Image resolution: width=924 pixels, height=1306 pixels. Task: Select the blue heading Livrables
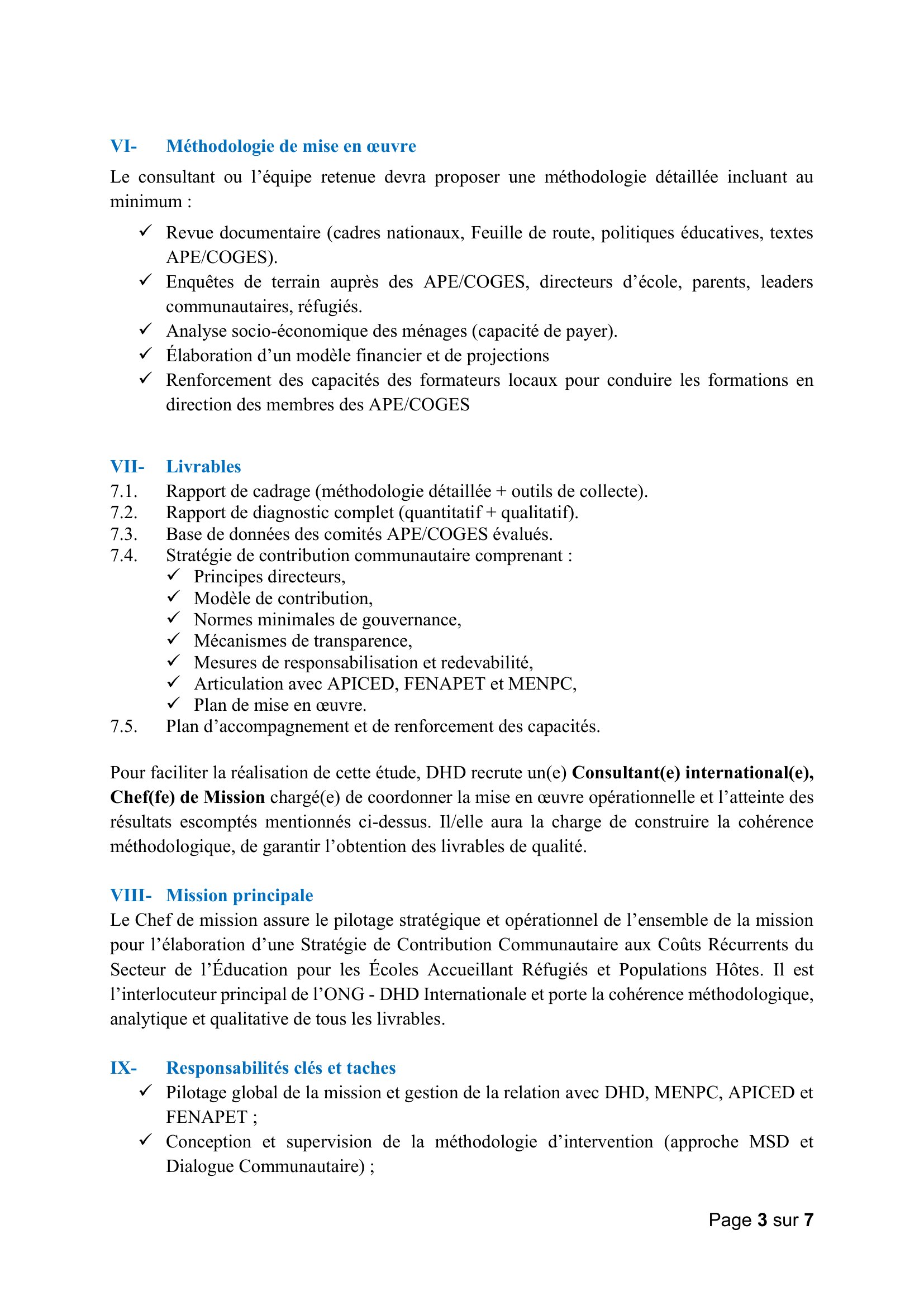tap(203, 467)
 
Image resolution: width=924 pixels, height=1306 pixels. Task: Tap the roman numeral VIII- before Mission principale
tap(131, 896)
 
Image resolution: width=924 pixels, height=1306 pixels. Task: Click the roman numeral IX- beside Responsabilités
tap(123, 1068)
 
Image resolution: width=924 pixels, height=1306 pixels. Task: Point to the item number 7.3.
tap(123, 535)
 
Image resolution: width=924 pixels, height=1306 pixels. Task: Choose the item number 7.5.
tap(123, 727)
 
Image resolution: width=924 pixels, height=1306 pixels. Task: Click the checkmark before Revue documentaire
tap(146, 231)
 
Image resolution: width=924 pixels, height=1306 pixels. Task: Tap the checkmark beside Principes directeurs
tap(174, 575)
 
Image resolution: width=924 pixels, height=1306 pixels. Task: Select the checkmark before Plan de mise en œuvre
tap(174, 704)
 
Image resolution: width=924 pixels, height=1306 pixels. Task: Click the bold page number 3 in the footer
tap(762, 1220)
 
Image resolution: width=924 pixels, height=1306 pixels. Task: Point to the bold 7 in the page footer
tap(808, 1220)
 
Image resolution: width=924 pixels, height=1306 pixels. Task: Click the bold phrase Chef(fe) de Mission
tap(187, 797)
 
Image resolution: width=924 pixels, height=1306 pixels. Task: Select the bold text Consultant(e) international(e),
tap(692, 773)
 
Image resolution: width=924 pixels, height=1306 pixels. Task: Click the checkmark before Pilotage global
tap(146, 1091)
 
